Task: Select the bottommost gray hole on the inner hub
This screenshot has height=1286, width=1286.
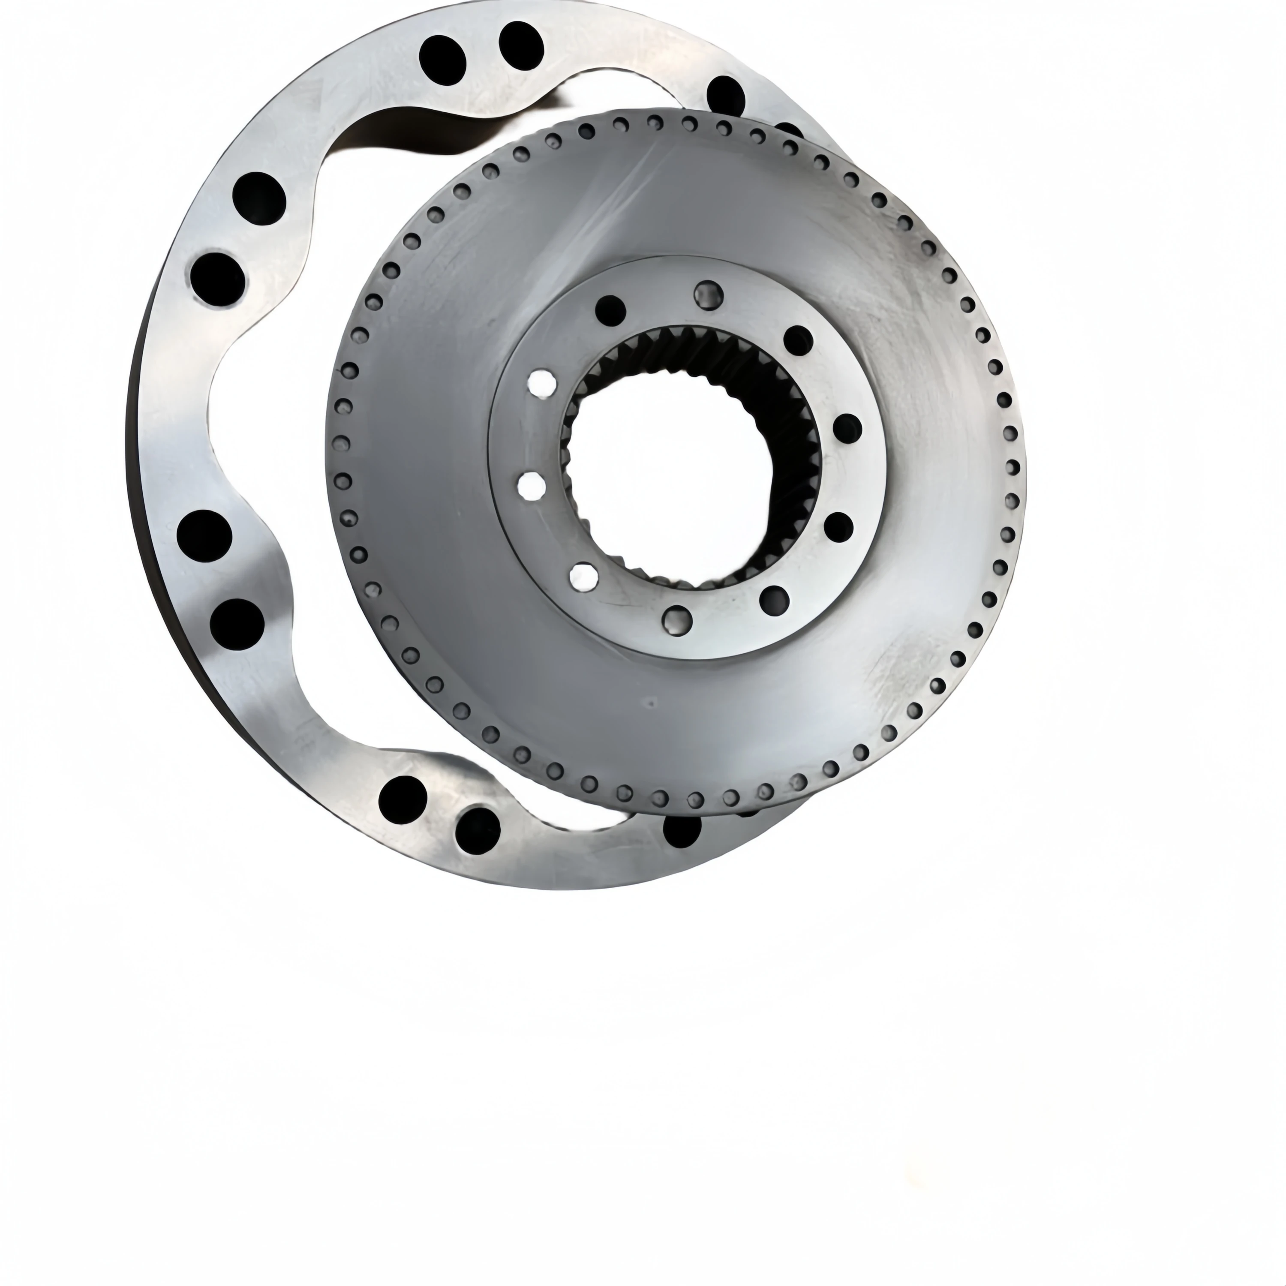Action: point(678,620)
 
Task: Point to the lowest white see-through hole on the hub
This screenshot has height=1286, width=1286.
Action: point(584,577)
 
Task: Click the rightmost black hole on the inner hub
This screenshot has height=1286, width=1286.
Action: point(847,428)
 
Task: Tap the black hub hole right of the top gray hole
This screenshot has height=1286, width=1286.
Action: point(798,340)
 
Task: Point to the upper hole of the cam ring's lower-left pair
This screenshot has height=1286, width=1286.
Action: point(204,537)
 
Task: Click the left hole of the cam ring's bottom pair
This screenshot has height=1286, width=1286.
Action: point(402,799)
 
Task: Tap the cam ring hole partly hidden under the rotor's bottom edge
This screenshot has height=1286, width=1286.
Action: point(682,830)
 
